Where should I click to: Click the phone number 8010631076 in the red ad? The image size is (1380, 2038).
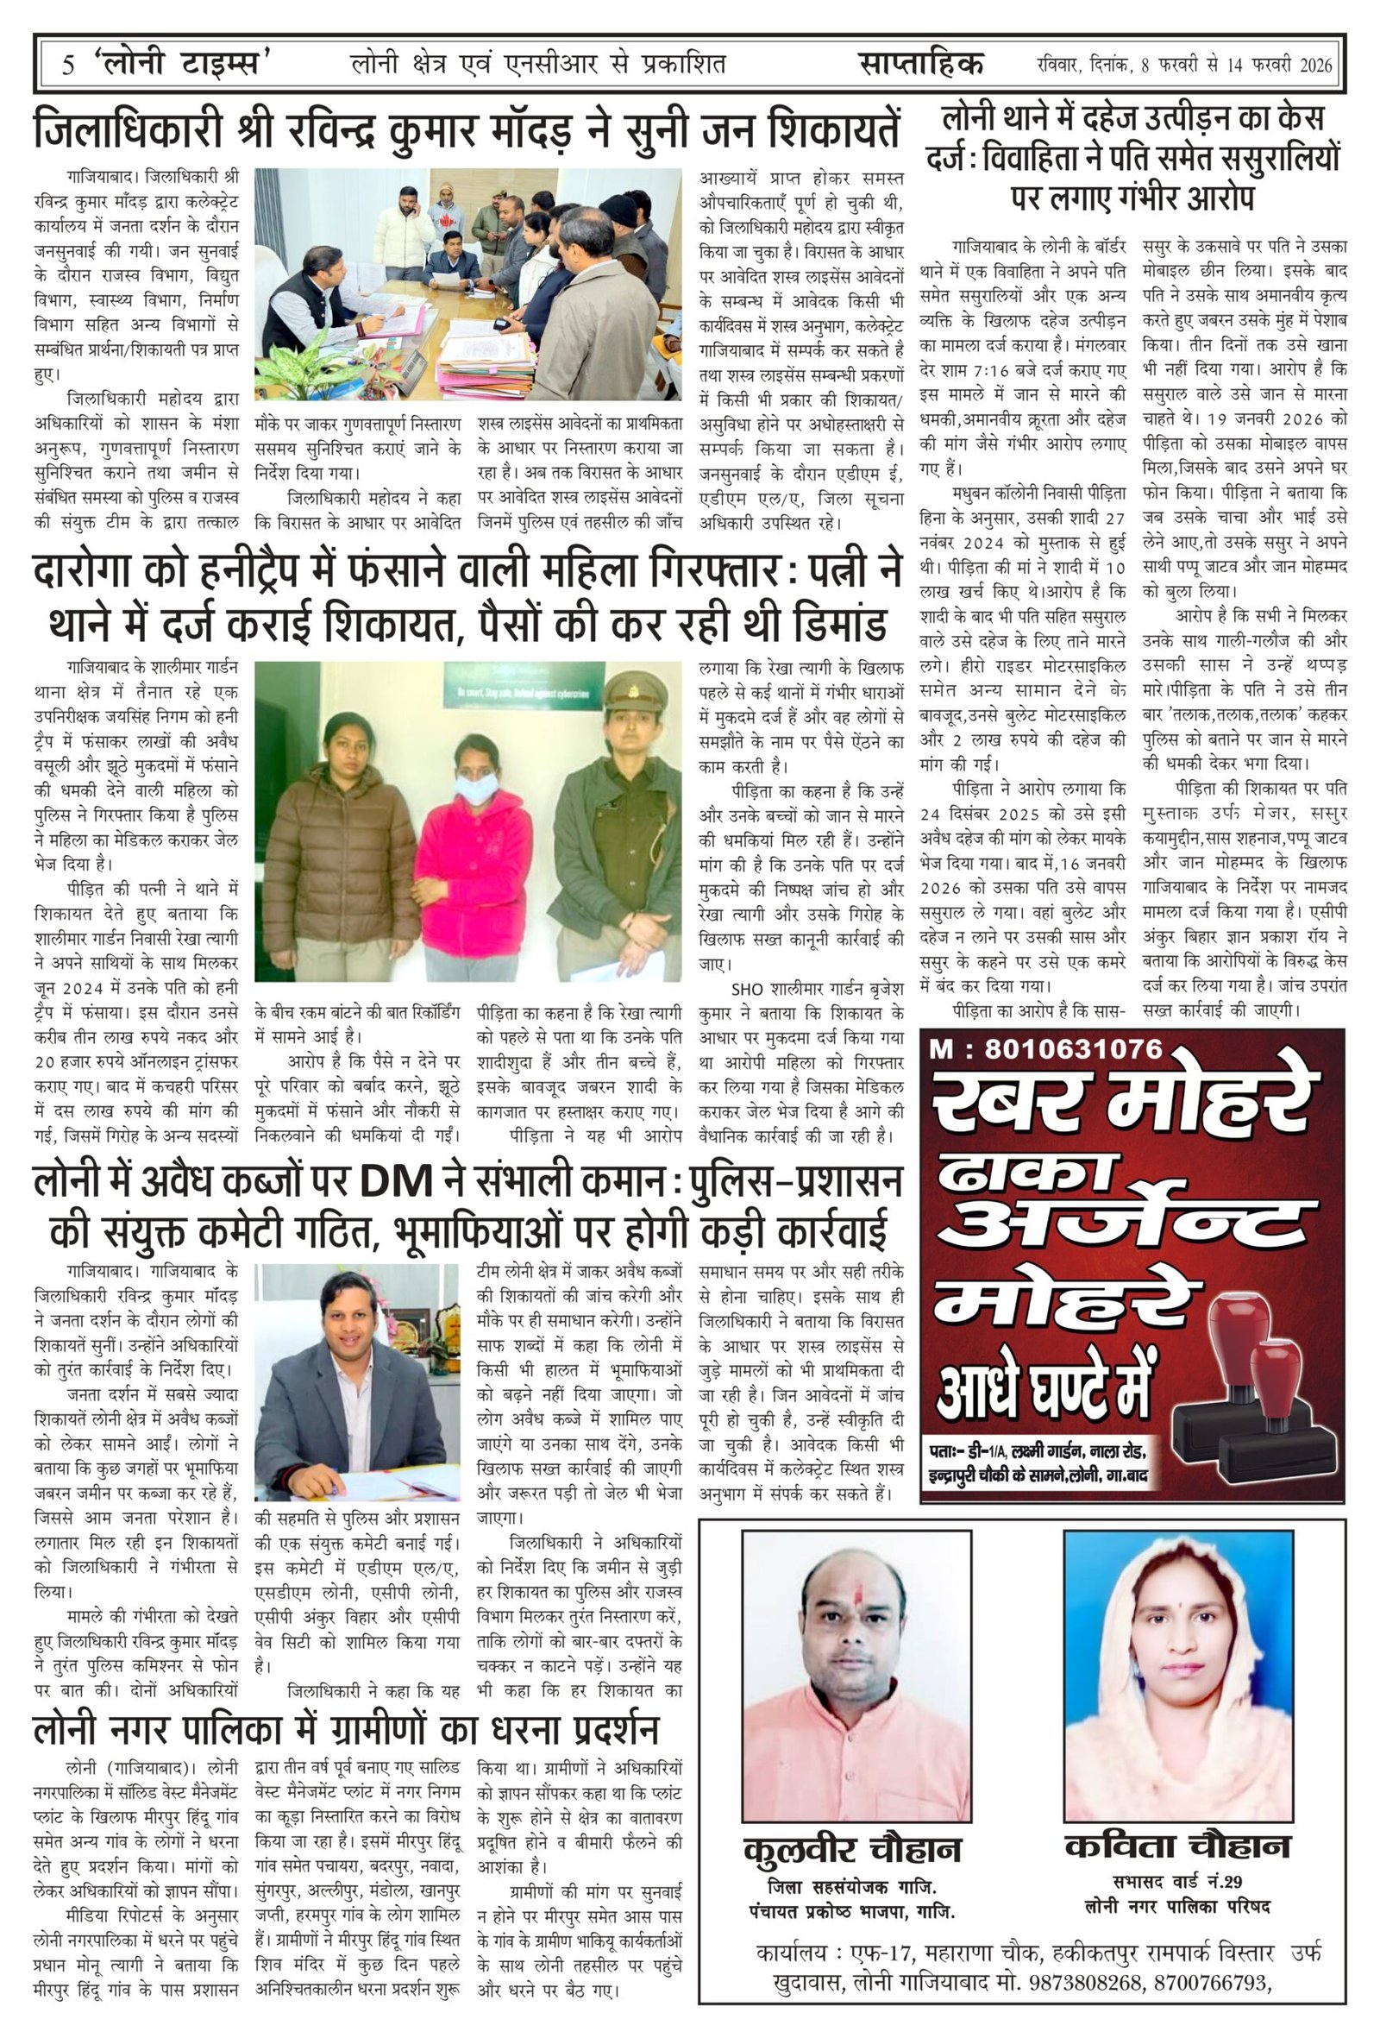[1073, 1048]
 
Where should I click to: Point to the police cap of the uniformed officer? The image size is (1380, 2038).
[624, 698]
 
